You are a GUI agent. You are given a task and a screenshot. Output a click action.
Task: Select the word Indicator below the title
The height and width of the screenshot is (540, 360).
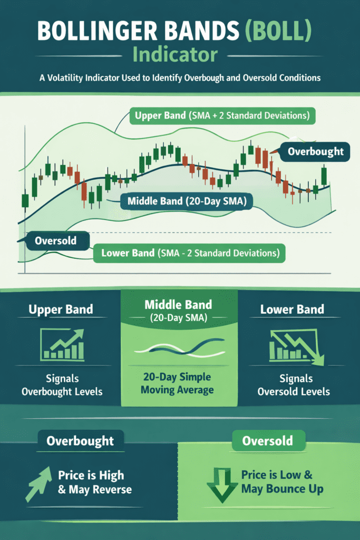coord(180,54)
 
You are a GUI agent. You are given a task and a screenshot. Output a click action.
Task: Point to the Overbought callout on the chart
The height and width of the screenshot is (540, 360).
coord(315,152)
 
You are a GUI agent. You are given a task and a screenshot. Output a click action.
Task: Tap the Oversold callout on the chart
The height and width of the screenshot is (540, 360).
coord(55,242)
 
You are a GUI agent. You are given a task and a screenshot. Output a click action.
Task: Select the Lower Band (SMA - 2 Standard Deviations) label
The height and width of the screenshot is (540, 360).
coord(189,253)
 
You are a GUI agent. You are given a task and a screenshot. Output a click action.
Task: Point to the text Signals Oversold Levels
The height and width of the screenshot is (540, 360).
coord(294,385)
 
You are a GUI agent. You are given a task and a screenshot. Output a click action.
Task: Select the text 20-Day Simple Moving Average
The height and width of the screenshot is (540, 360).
coord(180,383)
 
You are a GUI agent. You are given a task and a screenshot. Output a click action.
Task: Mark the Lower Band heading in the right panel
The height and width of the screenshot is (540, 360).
coord(292,310)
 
